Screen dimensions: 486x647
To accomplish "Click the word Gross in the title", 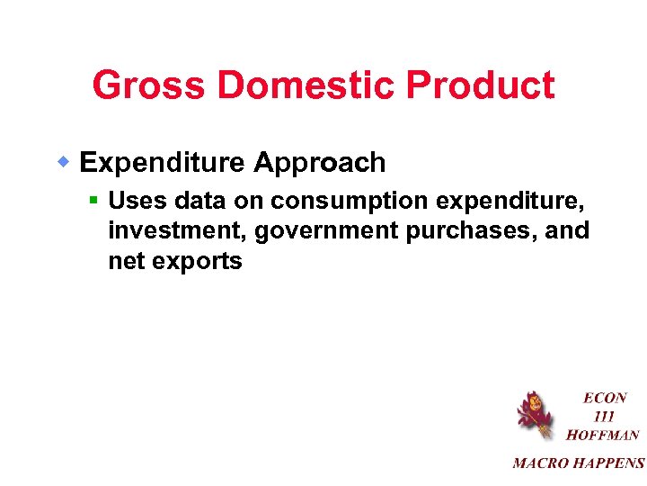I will (149, 86).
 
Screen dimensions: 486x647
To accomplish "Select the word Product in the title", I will (482, 86).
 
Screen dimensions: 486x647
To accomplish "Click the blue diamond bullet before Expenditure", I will (65, 163).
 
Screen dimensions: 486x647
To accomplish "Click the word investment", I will (177, 231).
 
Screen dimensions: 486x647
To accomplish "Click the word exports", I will (198, 262).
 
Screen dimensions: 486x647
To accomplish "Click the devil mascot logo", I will (533, 415).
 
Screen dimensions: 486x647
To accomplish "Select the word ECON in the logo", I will (605, 398).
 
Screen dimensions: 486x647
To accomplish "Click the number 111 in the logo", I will (604, 417).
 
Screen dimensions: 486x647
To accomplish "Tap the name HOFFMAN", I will (603, 436).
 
